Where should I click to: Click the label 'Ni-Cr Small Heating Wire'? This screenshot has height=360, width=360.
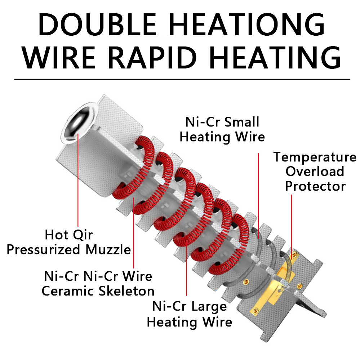pyautogui.click(x=222, y=129)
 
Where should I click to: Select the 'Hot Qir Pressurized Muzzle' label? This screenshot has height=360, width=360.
pyautogui.click(x=69, y=242)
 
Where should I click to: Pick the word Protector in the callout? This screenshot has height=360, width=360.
pyautogui.click(x=316, y=186)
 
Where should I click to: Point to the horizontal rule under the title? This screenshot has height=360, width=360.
pyautogui.click(x=182, y=79)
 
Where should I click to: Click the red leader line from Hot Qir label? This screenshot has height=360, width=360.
pyautogui.click(x=78, y=180)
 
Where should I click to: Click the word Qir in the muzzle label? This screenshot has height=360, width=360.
pyautogui.click(x=82, y=235)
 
